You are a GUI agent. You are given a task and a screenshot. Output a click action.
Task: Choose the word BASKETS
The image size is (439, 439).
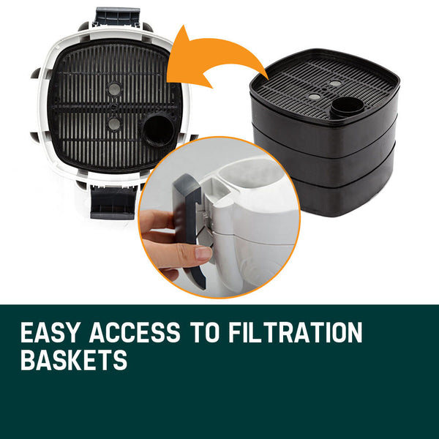(x=73, y=360)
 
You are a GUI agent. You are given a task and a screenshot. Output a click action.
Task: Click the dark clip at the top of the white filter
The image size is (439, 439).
(x=116, y=18)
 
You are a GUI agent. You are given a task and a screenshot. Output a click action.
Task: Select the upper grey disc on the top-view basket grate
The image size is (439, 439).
(x=114, y=88)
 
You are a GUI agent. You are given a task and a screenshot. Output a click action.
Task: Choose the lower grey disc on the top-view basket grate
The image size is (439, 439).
(x=114, y=124)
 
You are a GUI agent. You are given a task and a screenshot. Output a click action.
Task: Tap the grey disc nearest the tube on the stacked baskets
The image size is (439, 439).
(x=335, y=84)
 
